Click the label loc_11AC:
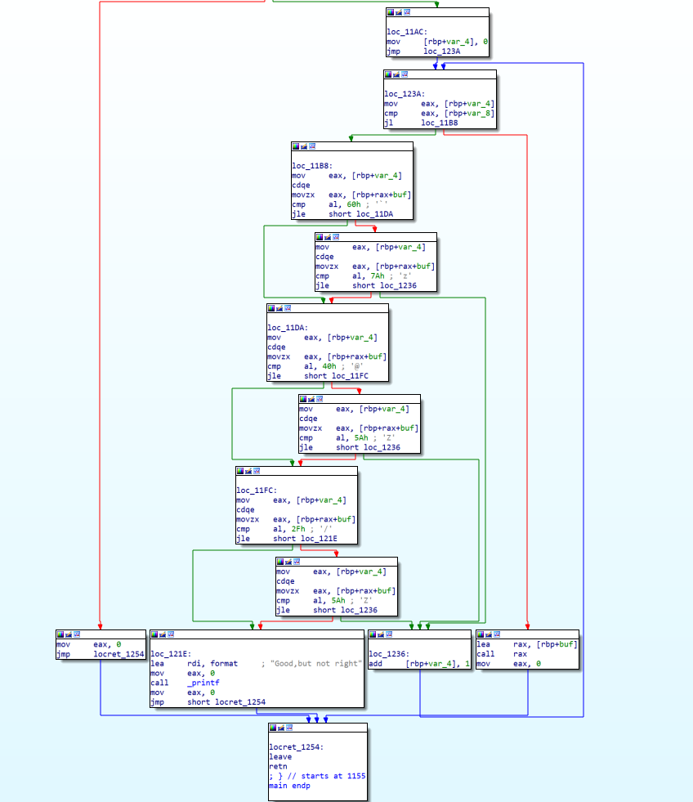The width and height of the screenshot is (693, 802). [406, 31]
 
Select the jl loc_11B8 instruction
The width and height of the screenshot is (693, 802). [421, 123]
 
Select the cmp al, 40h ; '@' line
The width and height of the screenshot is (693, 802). [319, 366]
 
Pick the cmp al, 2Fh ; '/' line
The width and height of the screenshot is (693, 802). [288, 529]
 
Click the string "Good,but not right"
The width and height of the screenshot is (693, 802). [315, 663]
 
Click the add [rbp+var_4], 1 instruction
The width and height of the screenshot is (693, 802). [419, 664]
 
